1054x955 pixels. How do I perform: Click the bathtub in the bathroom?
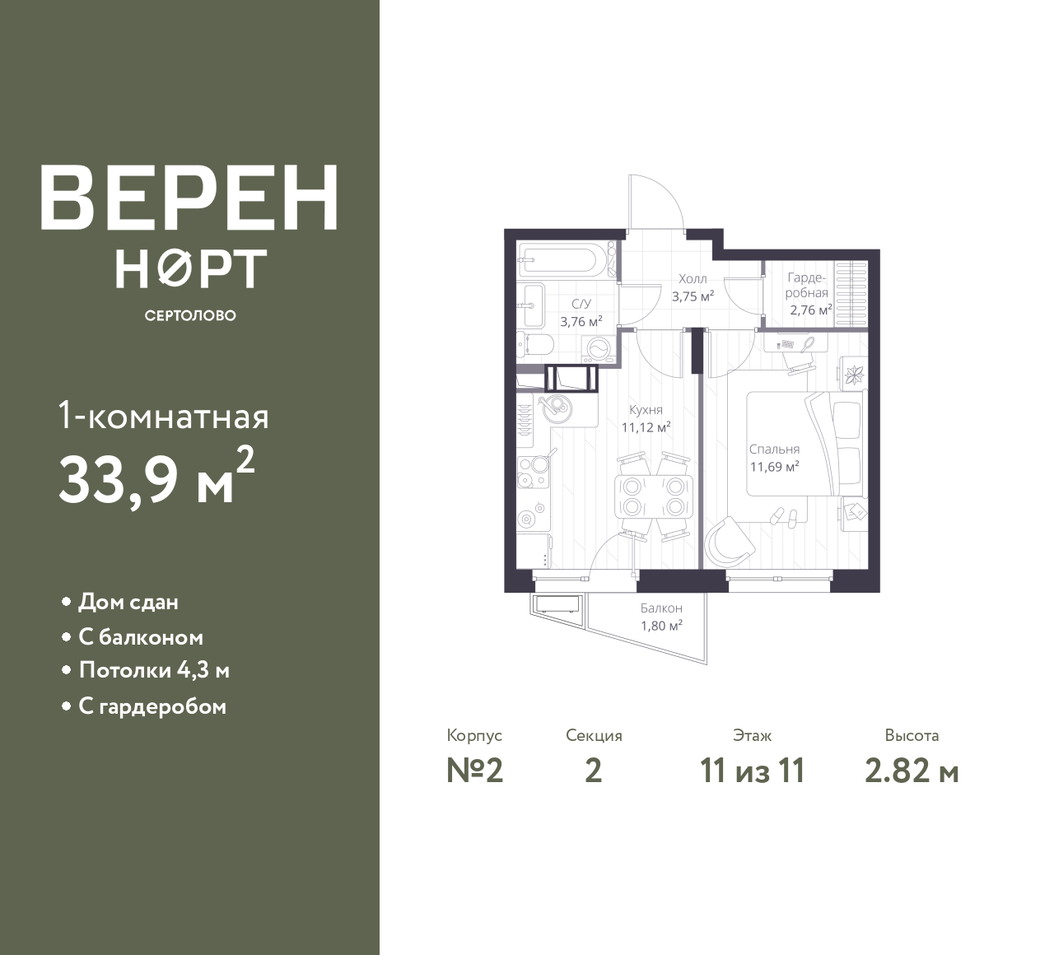pos(567,259)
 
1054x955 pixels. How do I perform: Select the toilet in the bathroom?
pos(535,346)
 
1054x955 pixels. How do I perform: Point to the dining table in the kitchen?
pos(655,497)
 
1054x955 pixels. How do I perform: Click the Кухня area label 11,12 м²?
pos(646,427)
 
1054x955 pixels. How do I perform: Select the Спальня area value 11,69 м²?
pos(775,467)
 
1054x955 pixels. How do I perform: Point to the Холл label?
pos(693,278)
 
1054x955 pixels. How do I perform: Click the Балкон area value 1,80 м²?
pos(661,626)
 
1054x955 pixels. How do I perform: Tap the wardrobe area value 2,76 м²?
pos(811,310)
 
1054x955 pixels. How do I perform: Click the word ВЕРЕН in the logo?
pos(189,198)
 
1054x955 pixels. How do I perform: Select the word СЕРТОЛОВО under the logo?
pos(190,315)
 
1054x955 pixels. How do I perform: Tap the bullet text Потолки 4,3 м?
pos(154,671)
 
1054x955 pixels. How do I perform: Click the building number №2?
pos(475,771)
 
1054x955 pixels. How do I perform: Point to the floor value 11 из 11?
pos(753,771)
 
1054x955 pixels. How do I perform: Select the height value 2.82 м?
pos(912,771)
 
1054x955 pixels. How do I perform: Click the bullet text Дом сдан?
pos(128,602)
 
